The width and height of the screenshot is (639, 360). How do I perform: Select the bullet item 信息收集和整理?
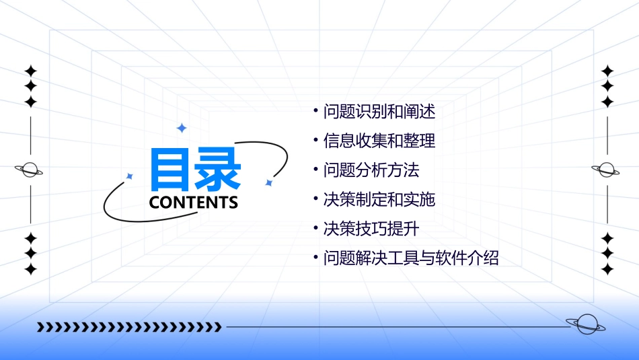(379, 141)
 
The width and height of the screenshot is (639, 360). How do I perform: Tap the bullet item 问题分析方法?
(371, 170)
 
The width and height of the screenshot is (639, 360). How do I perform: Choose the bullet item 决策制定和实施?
(379, 200)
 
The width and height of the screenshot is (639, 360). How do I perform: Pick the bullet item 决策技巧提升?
(371, 229)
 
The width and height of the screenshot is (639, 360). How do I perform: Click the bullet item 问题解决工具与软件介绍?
(411, 258)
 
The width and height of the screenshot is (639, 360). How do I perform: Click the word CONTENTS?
(194, 203)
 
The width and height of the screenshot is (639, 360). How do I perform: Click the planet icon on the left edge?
(30, 170)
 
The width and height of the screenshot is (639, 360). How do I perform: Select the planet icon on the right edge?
(606, 170)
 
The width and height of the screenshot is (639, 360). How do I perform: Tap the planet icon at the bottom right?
(587, 324)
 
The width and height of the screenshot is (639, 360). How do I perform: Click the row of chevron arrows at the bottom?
(129, 328)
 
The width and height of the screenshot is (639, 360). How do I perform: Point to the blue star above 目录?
(181, 128)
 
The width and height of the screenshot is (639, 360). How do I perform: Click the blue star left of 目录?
(130, 176)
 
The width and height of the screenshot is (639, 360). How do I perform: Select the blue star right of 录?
(268, 182)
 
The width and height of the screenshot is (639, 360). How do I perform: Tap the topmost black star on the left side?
(30, 71)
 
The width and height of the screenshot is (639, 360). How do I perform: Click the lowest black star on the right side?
(607, 269)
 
